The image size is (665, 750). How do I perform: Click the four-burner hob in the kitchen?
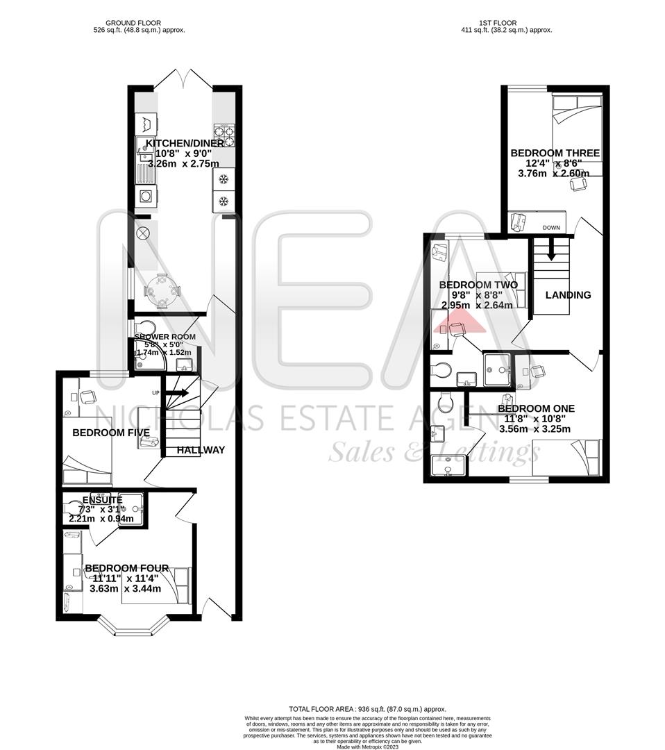point(224,135)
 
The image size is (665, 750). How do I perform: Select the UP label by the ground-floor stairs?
point(156,394)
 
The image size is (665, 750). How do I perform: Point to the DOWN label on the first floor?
point(551,228)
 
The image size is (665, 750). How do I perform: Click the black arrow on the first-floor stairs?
point(551,247)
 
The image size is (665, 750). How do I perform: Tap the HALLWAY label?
point(201,450)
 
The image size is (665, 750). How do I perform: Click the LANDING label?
point(568,295)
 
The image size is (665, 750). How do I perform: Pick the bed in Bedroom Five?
point(87,460)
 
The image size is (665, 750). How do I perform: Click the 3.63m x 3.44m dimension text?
point(125,588)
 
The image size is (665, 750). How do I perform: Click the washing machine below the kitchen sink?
point(146,195)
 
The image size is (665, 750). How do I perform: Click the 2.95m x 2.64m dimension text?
point(477,304)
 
